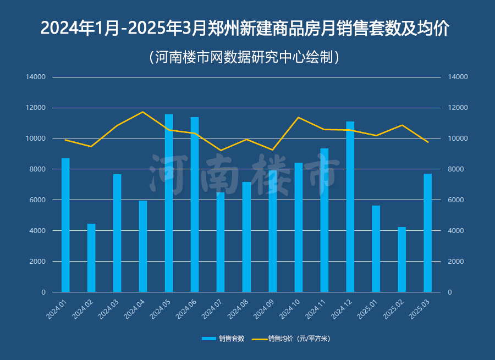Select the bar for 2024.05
click(x=169, y=203)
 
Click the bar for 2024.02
click(x=91, y=258)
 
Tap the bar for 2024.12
click(x=350, y=207)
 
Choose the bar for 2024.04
click(x=143, y=246)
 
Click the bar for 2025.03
click(x=428, y=233)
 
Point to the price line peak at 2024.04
click(x=143, y=112)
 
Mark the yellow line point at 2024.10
click(x=298, y=117)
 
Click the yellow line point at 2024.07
click(x=221, y=151)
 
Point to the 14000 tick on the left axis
click(x=36, y=77)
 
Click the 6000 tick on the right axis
click(x=457, y=200)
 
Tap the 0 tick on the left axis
click(x=43, y=292)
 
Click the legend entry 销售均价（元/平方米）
click(x=291, y=339)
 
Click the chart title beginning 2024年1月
click(x=245, y=28)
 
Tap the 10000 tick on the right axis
click(x=458, y=139)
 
